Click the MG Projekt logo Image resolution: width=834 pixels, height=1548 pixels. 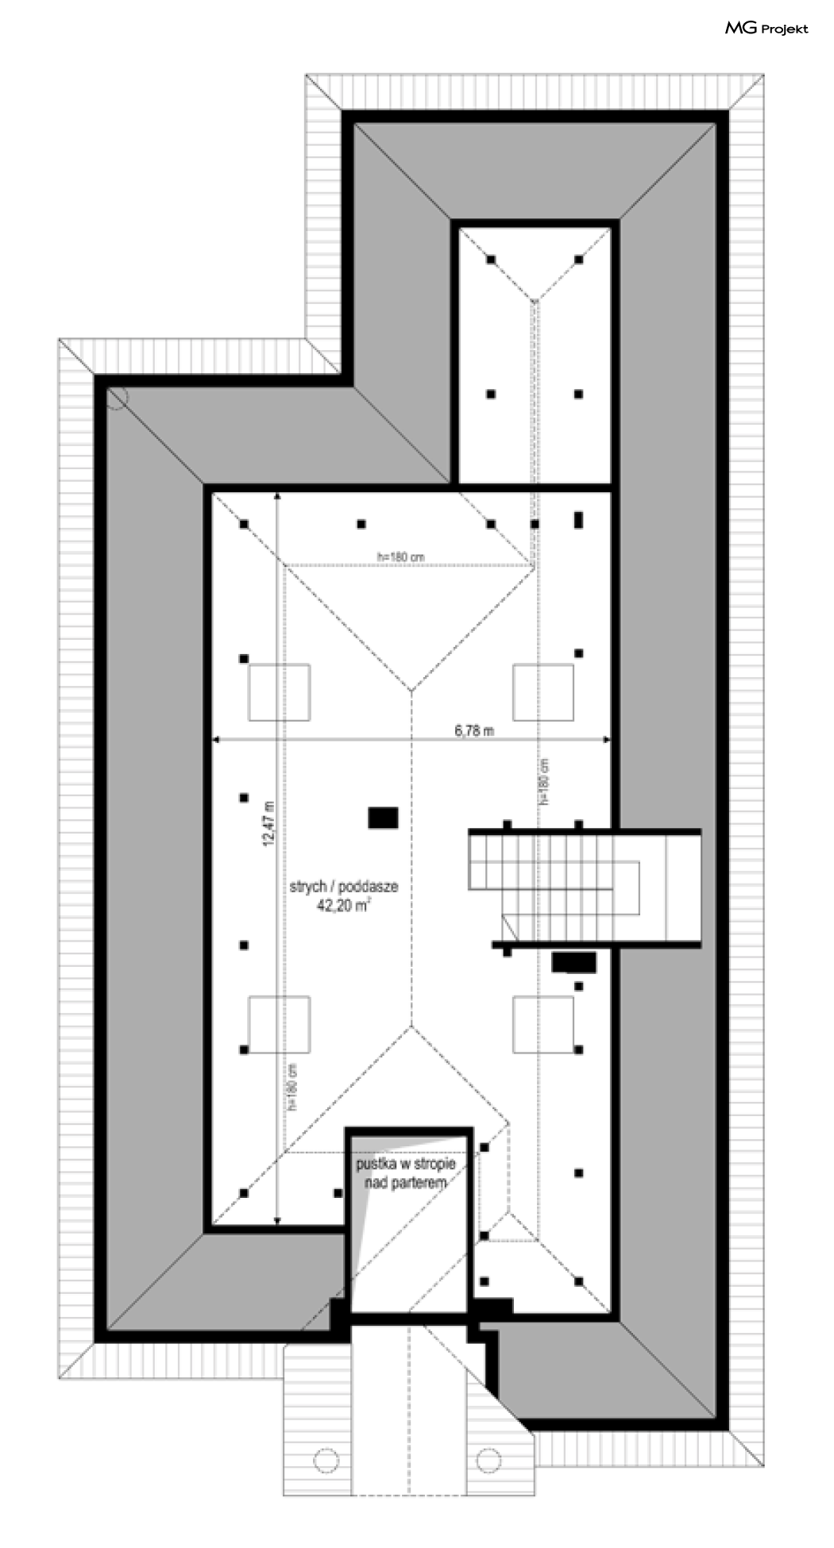(766, 29)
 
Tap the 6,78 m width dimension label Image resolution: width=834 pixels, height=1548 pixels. (474, 730)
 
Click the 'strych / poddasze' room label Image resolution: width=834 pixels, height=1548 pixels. (343, 887)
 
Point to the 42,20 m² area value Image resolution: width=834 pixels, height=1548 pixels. (343, 904)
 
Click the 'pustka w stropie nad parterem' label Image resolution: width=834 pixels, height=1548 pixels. (405, 1173)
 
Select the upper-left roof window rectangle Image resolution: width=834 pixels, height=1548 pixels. (279, 693)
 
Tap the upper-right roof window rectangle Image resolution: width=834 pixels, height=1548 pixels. (542, 693)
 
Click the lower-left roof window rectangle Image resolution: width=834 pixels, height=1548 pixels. (279, 1025)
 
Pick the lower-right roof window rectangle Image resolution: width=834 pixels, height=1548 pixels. (542, 1025)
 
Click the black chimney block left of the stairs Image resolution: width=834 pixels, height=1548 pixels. (383, 818)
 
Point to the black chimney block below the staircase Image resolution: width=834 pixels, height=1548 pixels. (574, 962)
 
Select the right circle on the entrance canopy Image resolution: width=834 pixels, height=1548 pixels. (488, 1459)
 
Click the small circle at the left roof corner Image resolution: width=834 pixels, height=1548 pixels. (116, 397)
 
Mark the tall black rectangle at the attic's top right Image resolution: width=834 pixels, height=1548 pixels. (579, 520)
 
